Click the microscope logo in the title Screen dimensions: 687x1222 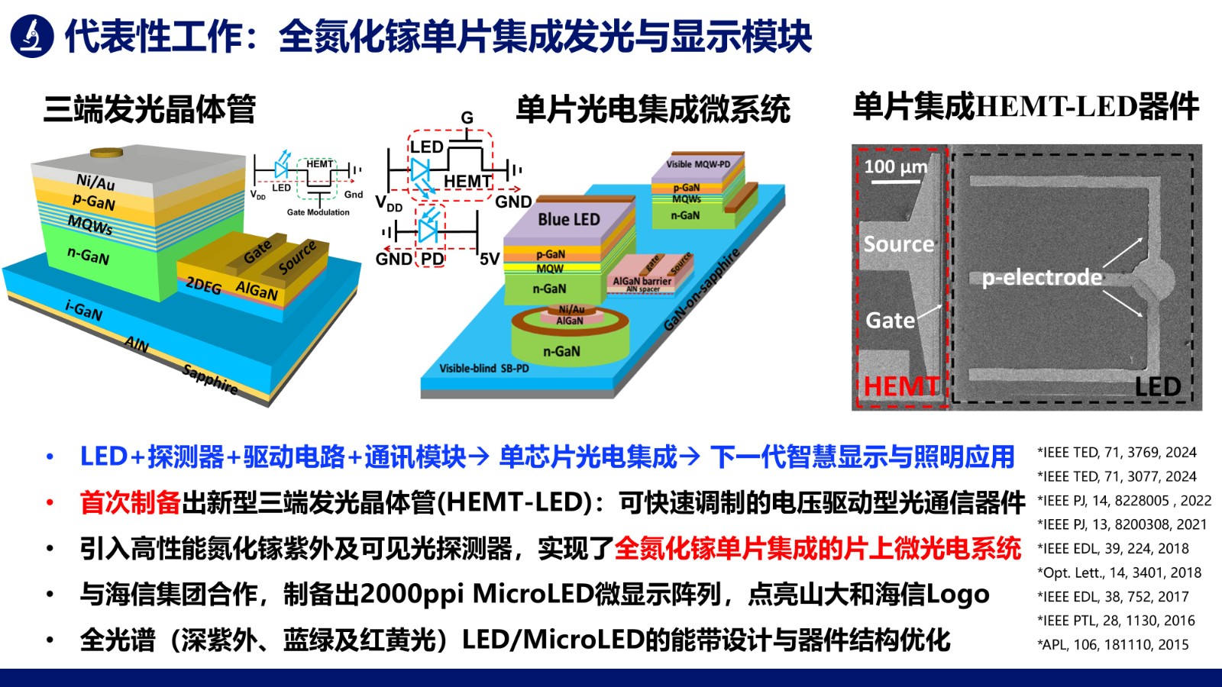[31, 36]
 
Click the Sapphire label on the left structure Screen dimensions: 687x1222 [210, 379]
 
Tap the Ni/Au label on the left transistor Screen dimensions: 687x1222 [95, 182]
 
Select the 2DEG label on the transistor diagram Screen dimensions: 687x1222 [203, 285]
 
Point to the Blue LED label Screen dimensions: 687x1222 [569, 219]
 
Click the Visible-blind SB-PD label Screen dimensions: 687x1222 [483, 368]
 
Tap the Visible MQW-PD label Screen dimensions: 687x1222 [698, 164]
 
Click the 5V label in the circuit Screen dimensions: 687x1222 [489, 260]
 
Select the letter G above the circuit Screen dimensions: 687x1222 [467, 118]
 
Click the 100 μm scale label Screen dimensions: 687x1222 [896, 166]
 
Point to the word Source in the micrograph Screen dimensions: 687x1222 [899, 244]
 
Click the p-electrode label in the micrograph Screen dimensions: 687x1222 [1042, 277]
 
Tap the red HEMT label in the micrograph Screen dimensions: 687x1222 [901, 386]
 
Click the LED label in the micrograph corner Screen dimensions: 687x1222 [1157, 386]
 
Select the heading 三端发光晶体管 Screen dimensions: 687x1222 [150, 109]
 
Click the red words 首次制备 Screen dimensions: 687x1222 [130, 502]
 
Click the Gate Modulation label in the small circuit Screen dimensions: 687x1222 [318, 212]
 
